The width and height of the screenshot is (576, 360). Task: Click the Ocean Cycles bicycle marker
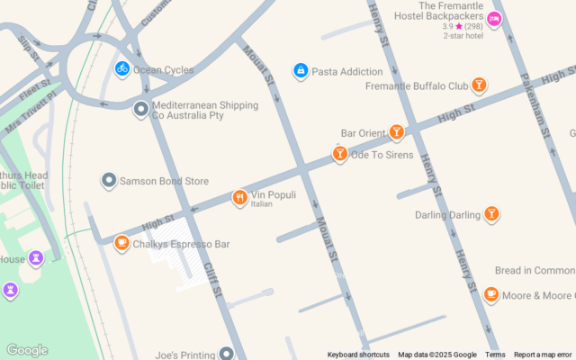tap(121, 68)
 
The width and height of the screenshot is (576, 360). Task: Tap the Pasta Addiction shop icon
tap(301, 71)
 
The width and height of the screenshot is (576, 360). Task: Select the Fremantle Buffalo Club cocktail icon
tap(479, 85)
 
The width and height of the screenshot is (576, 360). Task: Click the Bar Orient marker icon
tap(396, 132)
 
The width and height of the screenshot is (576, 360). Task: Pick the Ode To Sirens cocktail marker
tap(339, 154)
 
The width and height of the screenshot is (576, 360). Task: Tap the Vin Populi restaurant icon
tap(239, 198)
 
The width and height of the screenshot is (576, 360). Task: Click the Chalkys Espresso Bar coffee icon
tap(121, 243)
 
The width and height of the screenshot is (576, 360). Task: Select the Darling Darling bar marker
tap(491, 214)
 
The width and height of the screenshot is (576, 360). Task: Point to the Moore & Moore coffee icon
tap(491, 294)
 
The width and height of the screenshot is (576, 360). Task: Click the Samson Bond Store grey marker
tap(109, 181)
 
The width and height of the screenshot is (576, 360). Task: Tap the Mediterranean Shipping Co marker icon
tap(140, 109)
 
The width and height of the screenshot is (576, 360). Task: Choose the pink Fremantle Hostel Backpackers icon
tap(493, 20)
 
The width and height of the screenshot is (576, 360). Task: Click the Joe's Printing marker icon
tap(227, 354)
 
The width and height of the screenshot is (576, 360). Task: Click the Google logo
tap(26, 350)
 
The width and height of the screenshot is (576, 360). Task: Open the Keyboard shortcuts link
tap(358, 355)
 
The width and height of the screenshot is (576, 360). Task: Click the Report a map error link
tap(543, 355)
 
